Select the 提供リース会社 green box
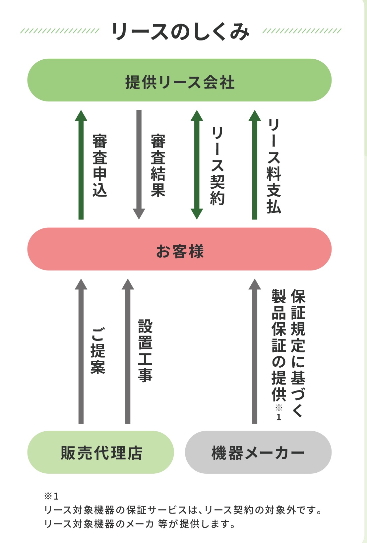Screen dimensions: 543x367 [x=179, y=80]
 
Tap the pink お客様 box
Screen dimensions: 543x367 [x=179, y=249]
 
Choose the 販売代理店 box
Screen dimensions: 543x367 [x=101, y=452]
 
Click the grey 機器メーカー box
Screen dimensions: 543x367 [x=258, y=452]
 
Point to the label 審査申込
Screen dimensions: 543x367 [x=99, y=165]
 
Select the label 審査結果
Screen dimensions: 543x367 [x=158, y=165]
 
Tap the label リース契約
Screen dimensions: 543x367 [x=217, y=165]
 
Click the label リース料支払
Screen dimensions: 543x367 [x=274, y=165]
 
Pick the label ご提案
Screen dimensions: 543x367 [x=98, y=351]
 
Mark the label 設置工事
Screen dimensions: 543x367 [x=145, y=351]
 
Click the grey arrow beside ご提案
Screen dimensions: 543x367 [x=81, y=351]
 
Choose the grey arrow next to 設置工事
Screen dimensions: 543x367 [x=128, y=351]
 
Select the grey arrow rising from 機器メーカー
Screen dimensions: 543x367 [x=255, y=351]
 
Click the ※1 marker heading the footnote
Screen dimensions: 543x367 [x=51, y=496]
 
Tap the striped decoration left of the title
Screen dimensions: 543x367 [x=60, y=31]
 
